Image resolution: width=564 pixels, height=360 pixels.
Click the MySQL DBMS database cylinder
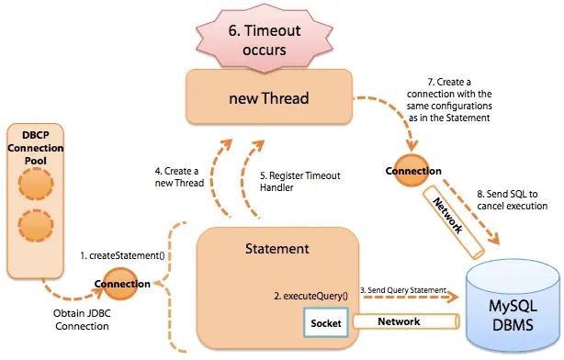click(x=511, y=303)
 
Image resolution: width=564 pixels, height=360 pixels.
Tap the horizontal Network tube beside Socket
click(x=404, y=322)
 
